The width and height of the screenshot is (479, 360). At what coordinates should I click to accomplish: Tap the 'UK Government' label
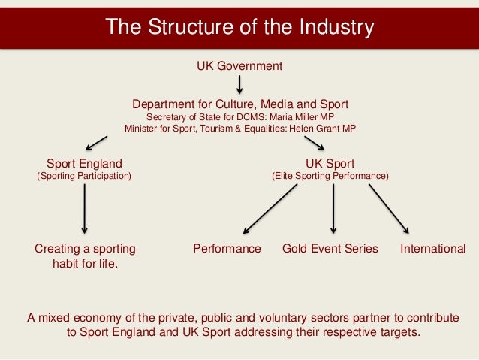point(239,66)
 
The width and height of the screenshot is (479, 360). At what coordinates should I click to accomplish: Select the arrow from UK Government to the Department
point(239,85)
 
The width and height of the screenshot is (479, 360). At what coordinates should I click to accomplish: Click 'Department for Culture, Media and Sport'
point(240,104)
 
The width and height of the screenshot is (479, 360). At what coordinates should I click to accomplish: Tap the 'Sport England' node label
point(84,163)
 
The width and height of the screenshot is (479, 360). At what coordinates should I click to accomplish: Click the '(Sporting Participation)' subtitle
point(84,176)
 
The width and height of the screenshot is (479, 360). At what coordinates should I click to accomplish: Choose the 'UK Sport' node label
point(330,163)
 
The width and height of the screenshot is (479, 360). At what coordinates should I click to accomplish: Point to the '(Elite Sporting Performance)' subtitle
point(330,176)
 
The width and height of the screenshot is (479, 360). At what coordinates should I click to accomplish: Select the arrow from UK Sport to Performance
point(271,208)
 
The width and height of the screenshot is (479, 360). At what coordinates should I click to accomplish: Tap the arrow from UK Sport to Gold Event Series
point(333,208)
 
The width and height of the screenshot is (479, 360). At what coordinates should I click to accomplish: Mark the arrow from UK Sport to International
point(389,208)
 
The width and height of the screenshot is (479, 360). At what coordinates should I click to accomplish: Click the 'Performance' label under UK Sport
point(227,249)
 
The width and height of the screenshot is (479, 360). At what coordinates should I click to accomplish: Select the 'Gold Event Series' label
point(330,249)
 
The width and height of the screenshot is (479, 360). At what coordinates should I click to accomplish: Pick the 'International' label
point(433,249)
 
